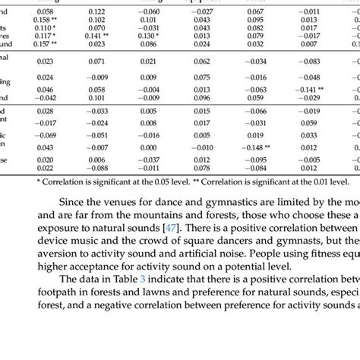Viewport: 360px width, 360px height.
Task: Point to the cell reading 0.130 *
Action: click(x=149, y=36)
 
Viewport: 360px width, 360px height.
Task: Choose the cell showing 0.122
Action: click(x=96, y=12)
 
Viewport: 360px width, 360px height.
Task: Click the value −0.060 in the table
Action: click(x=149, y=12)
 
